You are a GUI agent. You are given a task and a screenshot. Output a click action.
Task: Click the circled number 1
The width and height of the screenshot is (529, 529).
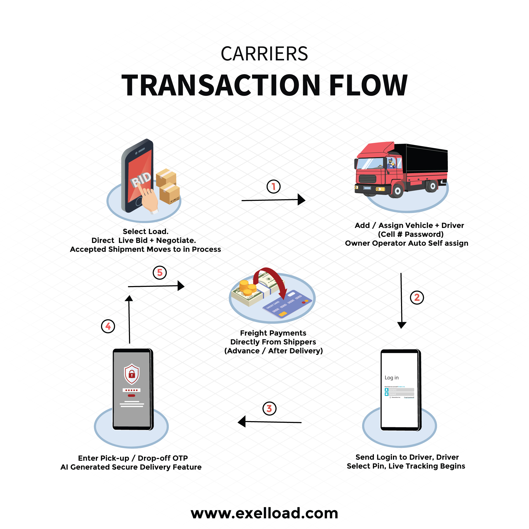[x=273, y=187]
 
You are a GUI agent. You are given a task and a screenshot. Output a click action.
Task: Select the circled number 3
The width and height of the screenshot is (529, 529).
[x=269, y=408]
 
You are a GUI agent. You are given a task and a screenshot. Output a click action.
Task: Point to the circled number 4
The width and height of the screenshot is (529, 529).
[x=108, y=326]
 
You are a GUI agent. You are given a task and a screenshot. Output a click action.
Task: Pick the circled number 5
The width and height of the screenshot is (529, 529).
[x=160, y=273]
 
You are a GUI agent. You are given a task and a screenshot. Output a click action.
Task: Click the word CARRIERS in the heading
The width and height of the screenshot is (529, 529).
[x=264, y=54]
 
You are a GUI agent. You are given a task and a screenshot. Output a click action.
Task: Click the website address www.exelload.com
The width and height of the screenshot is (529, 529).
[x=264, y=513]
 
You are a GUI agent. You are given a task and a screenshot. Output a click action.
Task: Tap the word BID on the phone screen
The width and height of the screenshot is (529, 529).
[x=141, y=179]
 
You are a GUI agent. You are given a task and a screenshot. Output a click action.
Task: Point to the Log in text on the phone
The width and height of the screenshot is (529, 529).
[x=392, y=377]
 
